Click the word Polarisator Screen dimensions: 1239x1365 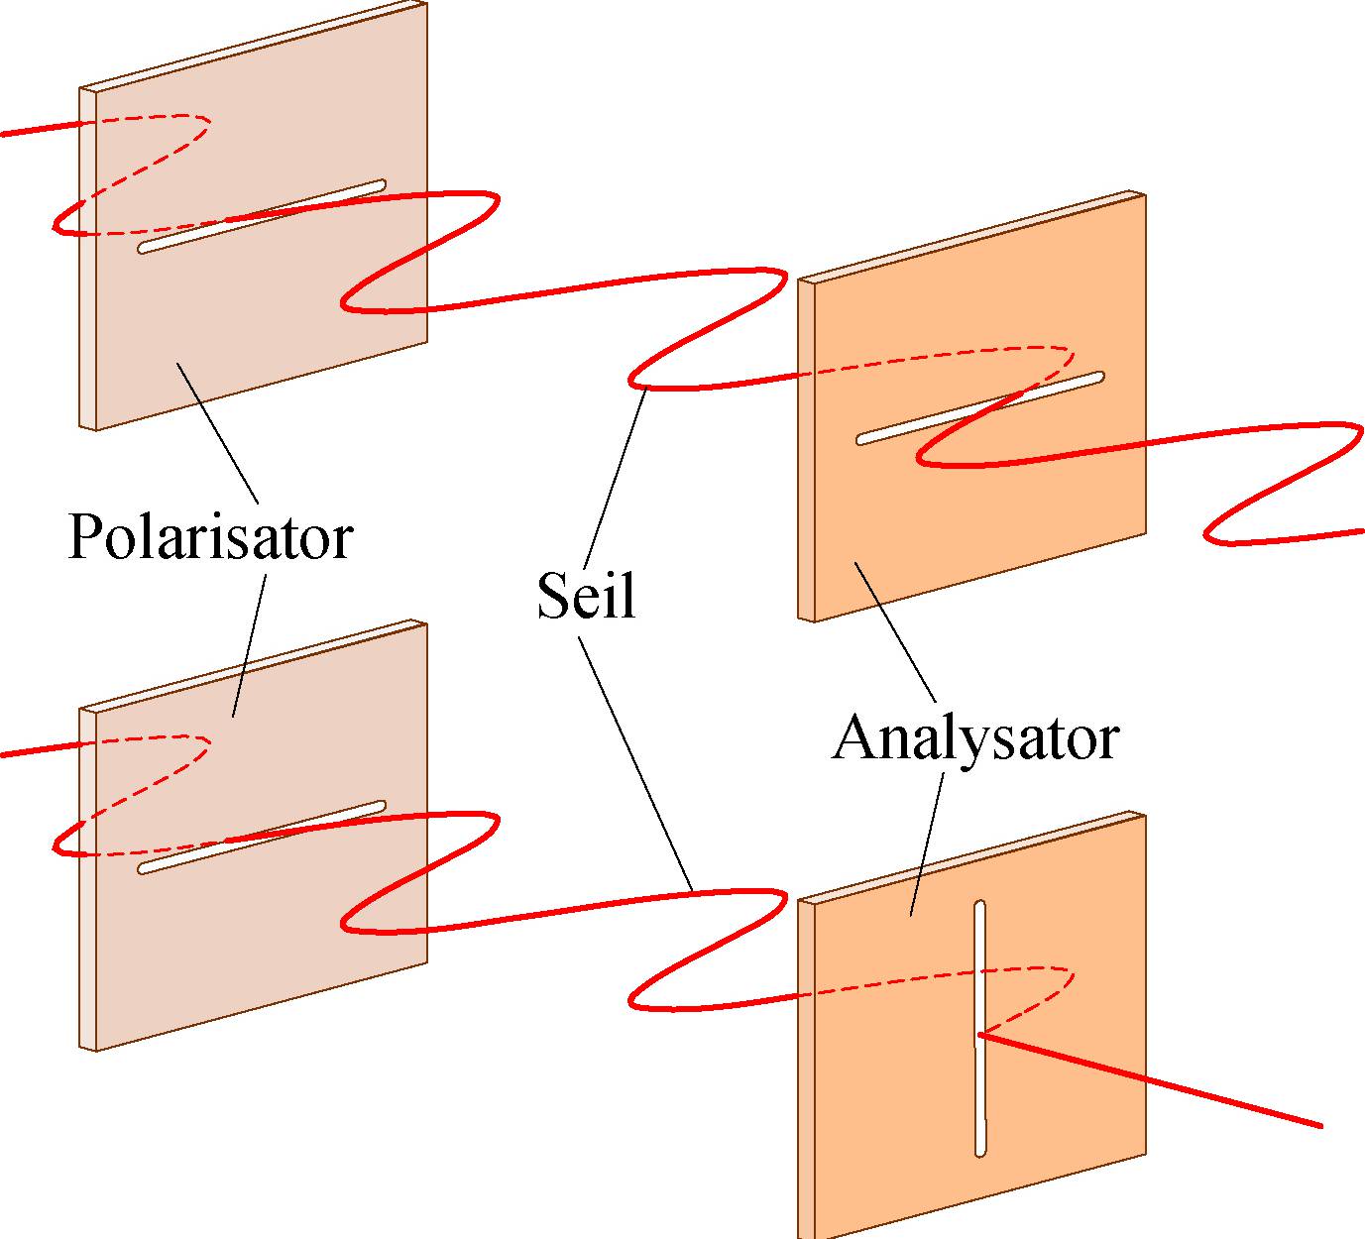click(210, 536)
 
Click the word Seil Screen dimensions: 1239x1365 click(585, 596)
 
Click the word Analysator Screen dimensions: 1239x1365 click(975, 738)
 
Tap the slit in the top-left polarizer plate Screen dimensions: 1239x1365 click(262, 216)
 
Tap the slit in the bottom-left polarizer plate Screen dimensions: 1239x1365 click(262, 838)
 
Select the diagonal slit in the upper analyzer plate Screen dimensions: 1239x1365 click(980, 408)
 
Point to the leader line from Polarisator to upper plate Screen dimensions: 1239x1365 click(218, 432)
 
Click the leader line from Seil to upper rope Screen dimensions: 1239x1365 click(616, 476)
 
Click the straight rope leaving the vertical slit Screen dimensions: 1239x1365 click(1150, 1080)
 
